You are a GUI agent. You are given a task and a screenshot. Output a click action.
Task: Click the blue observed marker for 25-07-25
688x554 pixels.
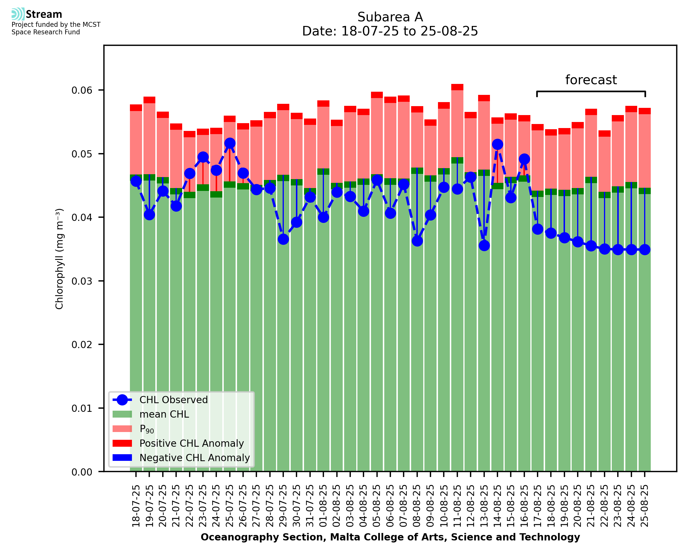pos(230,143)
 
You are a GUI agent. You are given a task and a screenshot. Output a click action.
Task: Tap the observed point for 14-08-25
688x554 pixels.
pos(497,144)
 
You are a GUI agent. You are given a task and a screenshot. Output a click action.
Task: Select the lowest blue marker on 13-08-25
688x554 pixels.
pos(484,246)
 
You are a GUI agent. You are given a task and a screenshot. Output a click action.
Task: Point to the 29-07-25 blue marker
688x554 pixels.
pos(283,239)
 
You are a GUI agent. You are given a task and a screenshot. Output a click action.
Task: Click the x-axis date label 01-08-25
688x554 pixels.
pos(323,506)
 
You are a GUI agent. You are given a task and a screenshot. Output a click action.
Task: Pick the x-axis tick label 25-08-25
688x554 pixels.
pos(645,506)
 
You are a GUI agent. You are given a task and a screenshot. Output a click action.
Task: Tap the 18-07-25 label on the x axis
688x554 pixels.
pos(136,506)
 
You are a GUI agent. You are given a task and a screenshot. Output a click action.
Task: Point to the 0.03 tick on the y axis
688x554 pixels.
pos(82,281)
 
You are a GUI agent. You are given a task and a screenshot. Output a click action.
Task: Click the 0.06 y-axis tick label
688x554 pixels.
pos(82,90)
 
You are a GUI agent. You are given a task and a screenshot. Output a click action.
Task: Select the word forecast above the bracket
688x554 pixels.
pos(591,80)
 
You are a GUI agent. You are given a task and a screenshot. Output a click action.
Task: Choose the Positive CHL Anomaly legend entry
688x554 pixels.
pos(192,443)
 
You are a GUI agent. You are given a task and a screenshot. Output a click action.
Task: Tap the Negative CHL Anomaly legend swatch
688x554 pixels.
pos(122,458)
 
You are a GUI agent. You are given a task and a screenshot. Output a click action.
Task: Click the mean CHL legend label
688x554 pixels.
pos(164,414)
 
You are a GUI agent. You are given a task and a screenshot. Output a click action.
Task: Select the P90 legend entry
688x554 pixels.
pos(147,429)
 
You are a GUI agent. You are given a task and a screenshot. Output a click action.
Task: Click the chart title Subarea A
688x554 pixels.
pos(390,17)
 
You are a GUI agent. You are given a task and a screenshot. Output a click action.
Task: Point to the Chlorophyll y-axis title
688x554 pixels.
pos(59,259)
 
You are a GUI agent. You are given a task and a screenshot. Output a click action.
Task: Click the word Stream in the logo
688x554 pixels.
pos(44,14)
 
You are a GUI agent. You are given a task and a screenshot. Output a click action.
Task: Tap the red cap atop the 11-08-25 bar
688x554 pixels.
pos(457,87)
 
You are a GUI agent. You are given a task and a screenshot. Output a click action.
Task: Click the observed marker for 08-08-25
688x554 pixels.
pos(417,241)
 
